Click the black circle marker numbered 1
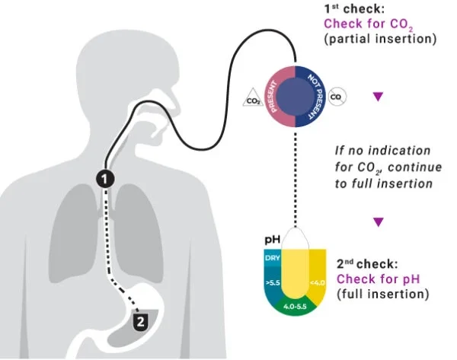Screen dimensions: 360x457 click(106, 178)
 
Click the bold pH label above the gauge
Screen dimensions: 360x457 click(272, 239)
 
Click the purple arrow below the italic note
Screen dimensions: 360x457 click(377, 222)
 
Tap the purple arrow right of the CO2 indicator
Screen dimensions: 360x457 click(377, 97)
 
